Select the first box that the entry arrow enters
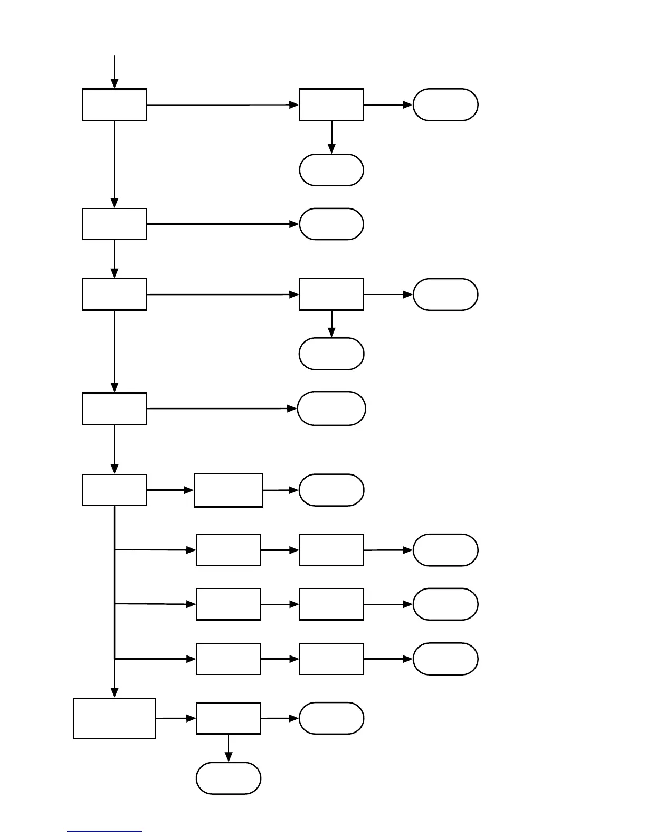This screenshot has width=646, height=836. click(115, 104)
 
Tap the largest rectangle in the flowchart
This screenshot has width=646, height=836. click(115, 718)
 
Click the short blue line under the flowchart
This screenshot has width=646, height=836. click(104, 832)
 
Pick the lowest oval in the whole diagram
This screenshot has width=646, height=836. click(229, 778)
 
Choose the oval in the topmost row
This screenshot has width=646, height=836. click(445, 104)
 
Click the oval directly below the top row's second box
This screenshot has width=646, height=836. click(331, 170)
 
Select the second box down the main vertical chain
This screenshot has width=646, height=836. click(115, 224)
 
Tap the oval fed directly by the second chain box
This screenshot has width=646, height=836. click(331, 224)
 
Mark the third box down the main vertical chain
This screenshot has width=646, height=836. click(115, 294)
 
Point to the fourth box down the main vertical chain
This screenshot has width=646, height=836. click(115, 408)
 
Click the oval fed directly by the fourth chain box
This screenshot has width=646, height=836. click(331, 408)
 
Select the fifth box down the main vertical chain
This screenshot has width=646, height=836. click(115, 490)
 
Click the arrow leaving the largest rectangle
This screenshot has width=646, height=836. click(176, 718)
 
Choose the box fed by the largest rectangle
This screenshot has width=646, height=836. click(229, 718)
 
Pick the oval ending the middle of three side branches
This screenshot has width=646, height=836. click(445, 604)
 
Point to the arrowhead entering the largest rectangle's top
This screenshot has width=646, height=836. click(115, 692)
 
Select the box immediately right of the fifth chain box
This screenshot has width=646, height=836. click(229, 490)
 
